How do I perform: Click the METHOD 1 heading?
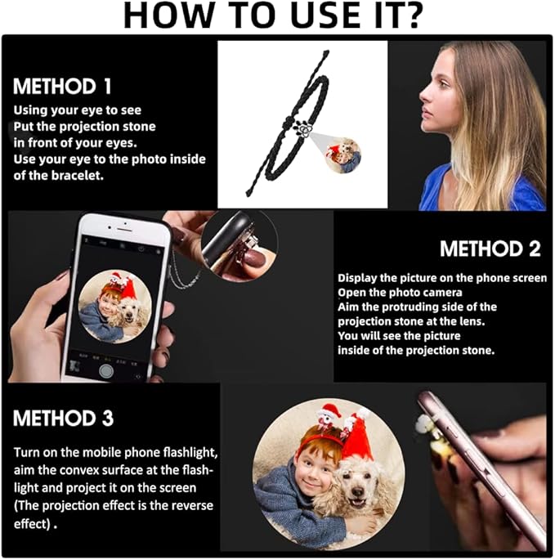(62, 87)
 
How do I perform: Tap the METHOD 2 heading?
(490, 249)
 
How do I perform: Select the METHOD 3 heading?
(63, 418)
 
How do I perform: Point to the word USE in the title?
(325, 16)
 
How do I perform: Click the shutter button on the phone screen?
(106, 370)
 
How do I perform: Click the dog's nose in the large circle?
(357, 492)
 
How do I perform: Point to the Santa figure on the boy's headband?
(325, 416)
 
